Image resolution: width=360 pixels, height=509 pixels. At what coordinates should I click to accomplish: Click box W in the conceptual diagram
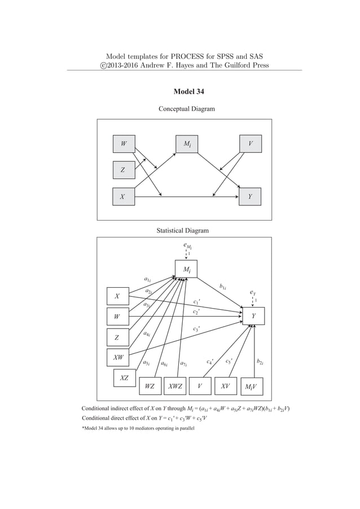click(124, 144)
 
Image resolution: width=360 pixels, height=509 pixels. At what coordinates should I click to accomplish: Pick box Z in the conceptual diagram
click(124, 169)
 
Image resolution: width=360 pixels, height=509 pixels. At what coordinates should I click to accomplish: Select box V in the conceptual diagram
click(250, 144)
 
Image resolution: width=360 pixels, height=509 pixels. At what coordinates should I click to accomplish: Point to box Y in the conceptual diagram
click(250, 197)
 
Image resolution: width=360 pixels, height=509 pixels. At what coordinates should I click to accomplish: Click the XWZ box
click(175, 386)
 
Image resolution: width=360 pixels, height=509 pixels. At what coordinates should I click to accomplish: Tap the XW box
click(118, 357)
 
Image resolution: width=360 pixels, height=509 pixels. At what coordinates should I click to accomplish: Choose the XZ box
click(125, 378)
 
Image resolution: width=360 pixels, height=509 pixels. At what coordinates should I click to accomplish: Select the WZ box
click(150, 386)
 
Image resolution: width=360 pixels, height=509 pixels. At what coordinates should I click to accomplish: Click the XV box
click(225, 386)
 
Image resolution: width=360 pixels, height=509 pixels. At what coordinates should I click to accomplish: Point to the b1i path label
click(223, 287)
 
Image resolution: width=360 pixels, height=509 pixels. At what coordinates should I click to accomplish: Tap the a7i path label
click(183, 363)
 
